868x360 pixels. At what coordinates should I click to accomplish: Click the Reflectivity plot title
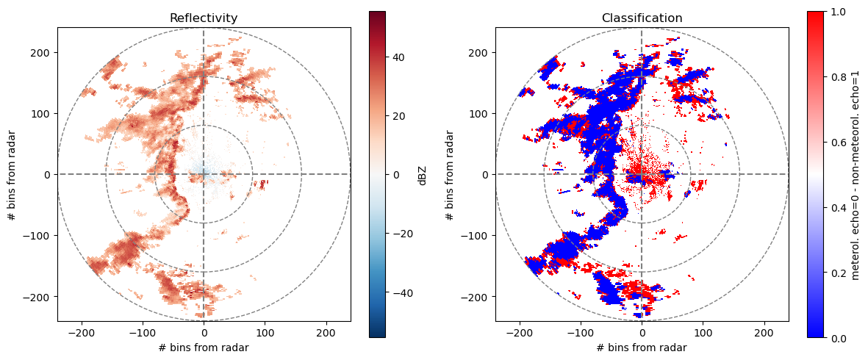(x=204, y=18)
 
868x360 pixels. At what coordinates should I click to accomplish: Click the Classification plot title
(x=642, y=18)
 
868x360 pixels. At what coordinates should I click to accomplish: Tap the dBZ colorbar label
(x=423, y=174)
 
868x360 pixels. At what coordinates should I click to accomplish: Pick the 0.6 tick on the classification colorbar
(x=837, y=142)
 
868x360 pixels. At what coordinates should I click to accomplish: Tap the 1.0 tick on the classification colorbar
(x=837, y=12)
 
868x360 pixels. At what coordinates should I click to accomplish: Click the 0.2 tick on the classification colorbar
(x=837, y=273)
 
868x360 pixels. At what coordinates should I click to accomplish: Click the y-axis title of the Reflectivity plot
(x=12, y=174)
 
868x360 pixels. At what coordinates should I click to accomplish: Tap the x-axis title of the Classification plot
(x=642, y=348)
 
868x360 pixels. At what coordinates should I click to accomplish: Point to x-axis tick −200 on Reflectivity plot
(x=82, y=333)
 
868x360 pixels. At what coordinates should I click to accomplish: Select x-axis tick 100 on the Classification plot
(x=703, y=333)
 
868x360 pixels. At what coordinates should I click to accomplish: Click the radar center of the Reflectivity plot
(x=204, y=174)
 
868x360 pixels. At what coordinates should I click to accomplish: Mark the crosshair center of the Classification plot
(x=642, y=174)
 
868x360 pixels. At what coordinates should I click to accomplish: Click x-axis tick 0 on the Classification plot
(x=642, y=333)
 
